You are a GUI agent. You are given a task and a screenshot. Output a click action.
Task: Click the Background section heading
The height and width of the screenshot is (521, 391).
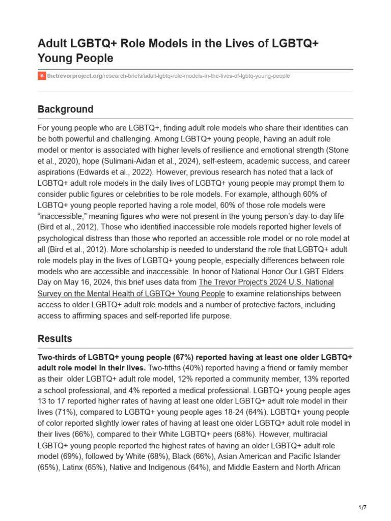coord(65,109)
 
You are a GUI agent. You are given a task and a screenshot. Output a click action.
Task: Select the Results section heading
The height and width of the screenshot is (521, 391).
coord(54,339)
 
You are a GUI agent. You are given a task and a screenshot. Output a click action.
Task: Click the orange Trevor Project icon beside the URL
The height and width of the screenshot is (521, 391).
coord(41,76)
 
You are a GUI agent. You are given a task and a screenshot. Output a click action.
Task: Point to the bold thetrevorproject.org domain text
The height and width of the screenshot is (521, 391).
coord(74,76)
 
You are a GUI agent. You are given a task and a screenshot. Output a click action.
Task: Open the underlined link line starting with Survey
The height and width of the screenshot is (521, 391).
coord(131,294)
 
